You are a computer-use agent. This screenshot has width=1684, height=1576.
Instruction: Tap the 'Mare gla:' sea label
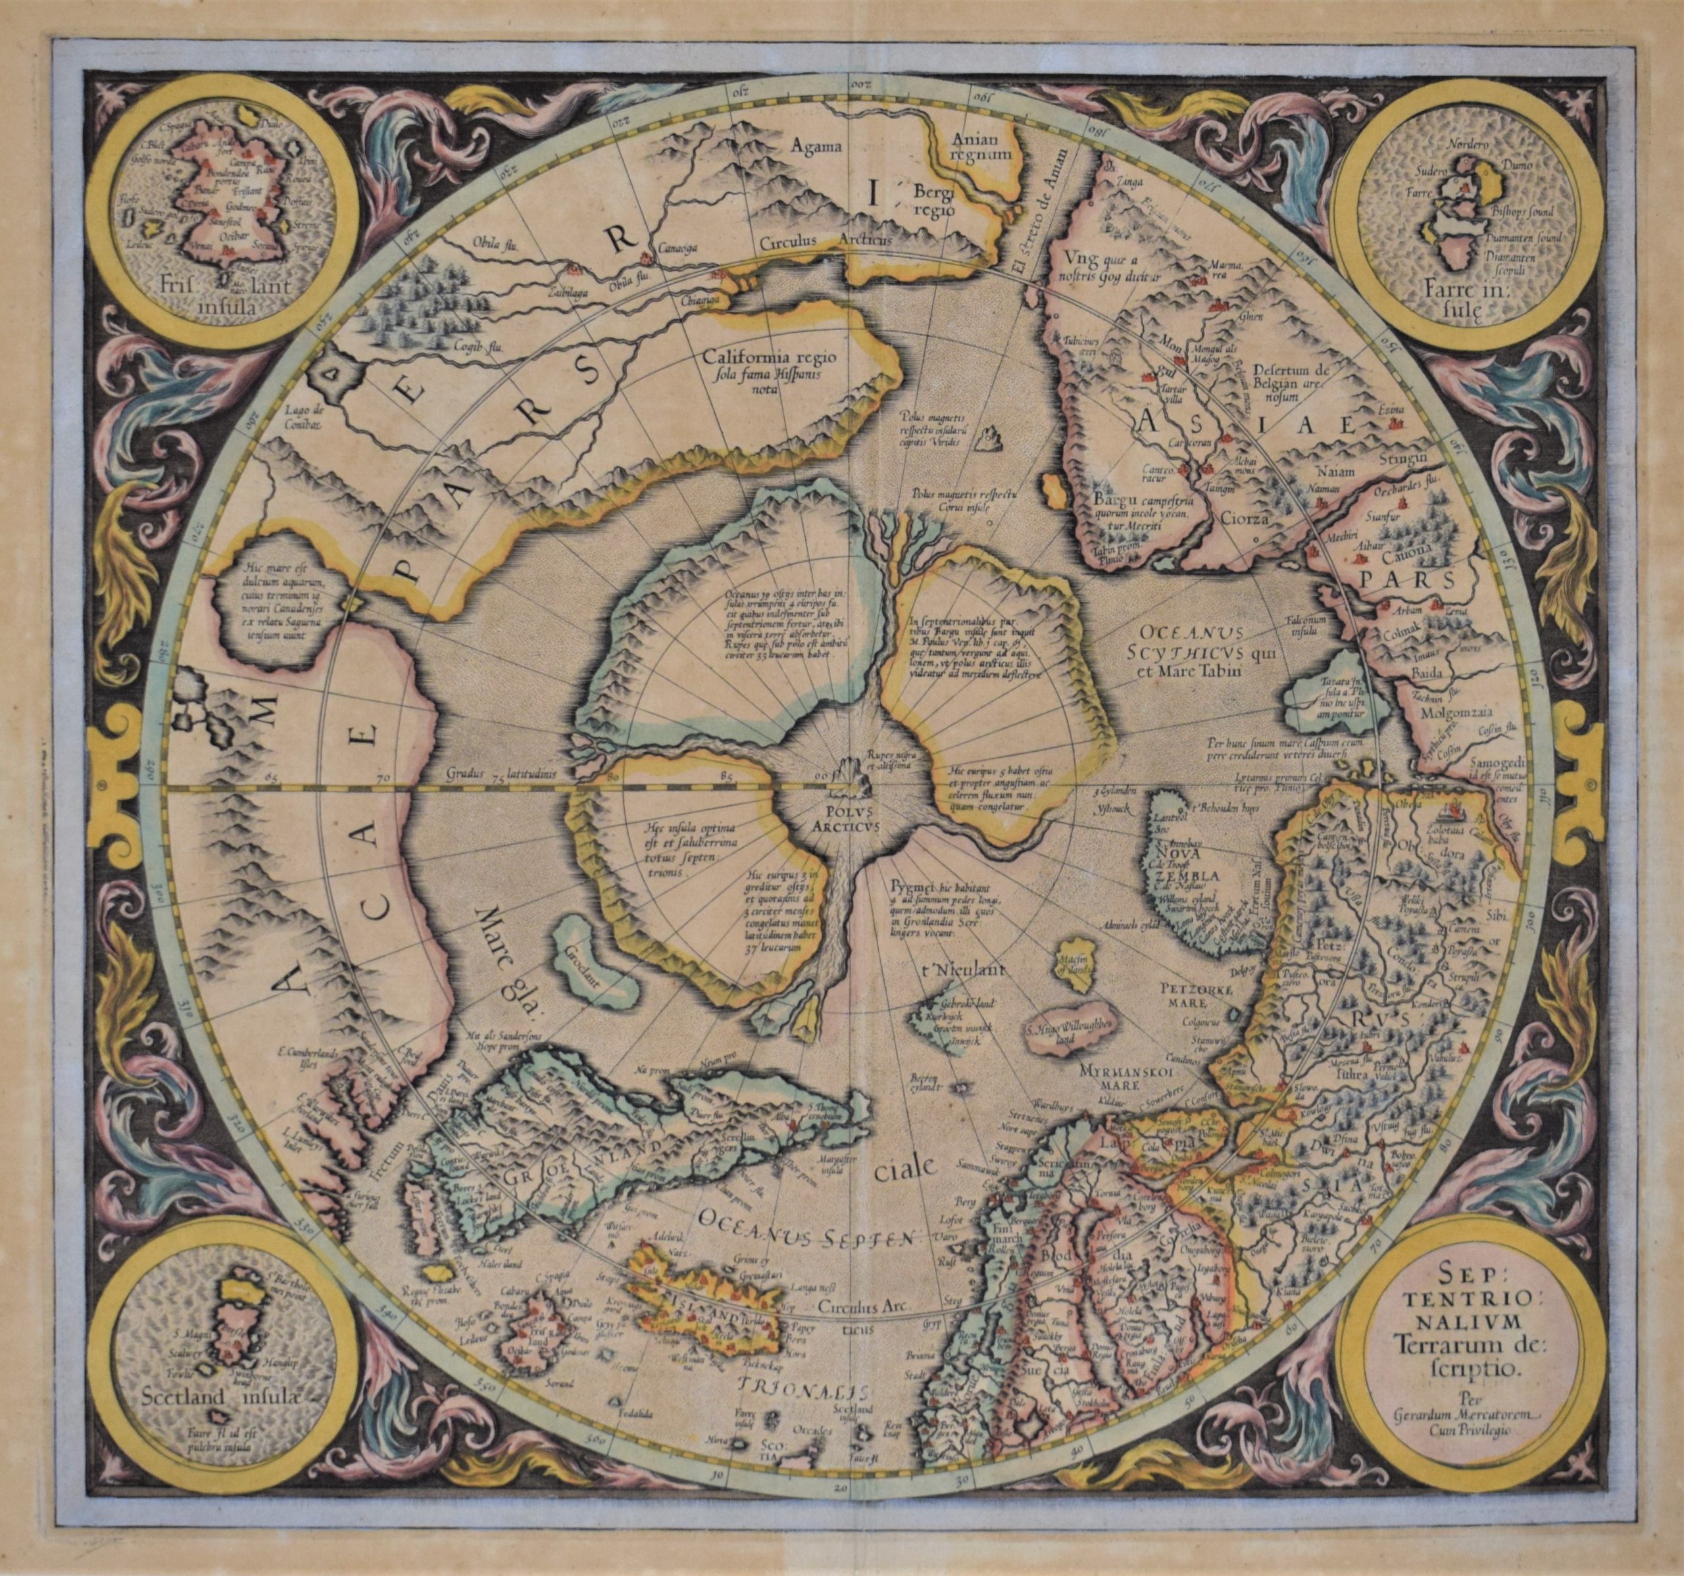click(x=510, y=958)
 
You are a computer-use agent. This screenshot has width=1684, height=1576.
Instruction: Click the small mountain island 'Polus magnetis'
click(x=986, y=438)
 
